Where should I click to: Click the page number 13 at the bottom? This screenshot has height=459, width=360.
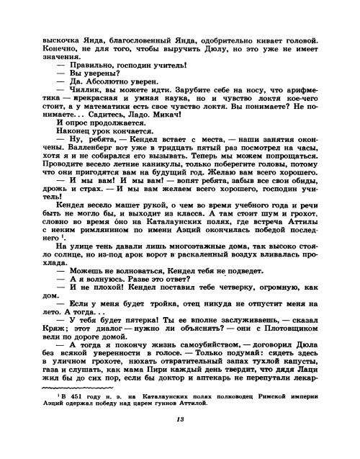180,442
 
